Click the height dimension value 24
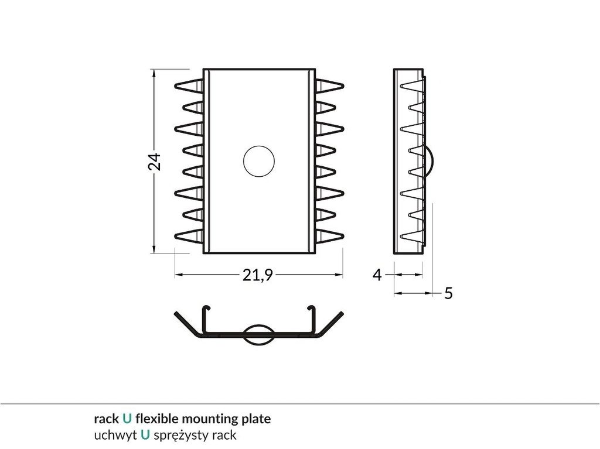[154, 162]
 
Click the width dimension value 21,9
[258, 275]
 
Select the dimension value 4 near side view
[377, 274]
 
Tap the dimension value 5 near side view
[448, 293]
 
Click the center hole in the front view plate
[259, 161]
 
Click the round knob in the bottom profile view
[258, 334]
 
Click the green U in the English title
[127, 419]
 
